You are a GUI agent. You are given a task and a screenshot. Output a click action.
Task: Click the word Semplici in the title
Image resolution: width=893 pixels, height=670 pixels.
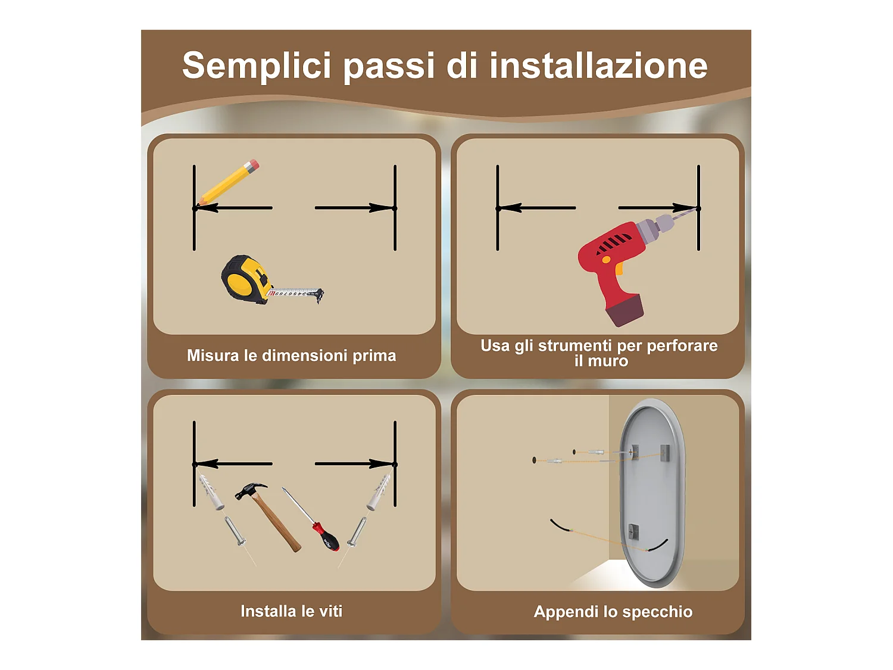tap(257, 66)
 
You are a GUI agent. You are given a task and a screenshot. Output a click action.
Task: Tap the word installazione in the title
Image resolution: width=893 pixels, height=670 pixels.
tap(598, 66)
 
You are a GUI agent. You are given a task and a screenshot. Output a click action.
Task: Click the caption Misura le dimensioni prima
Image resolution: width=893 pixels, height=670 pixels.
tap(292, 356)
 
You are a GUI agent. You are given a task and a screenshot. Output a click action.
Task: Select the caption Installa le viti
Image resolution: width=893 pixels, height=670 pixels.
tap(292, 611)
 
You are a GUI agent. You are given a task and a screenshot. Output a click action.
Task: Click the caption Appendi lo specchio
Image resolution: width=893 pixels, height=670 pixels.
tap(613, 612)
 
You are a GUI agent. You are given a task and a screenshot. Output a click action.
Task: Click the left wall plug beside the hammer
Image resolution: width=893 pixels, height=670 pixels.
tap(211, 492)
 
